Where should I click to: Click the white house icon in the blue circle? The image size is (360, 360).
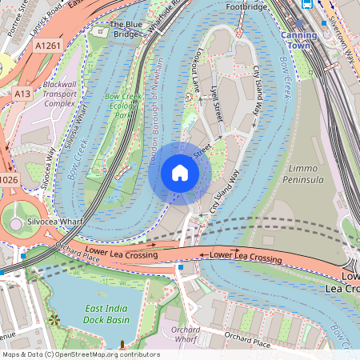coord(179,173)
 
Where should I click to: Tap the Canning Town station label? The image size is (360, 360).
coord(305,41)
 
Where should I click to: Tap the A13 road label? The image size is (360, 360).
coord(22,94)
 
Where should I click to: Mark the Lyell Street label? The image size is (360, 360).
coord(214,100)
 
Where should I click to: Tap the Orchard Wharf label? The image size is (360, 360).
coord(186,334)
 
